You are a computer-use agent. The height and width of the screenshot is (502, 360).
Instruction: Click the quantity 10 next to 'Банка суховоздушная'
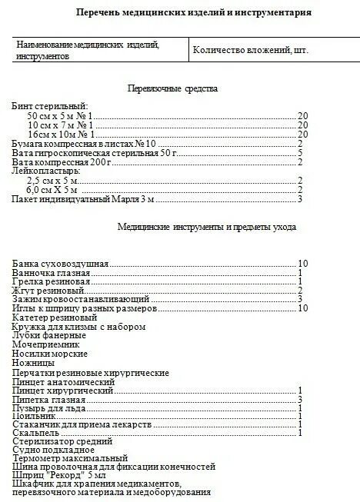[x=302, y=264]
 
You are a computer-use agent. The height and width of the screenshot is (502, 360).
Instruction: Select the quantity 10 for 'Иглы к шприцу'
[x=302, y=308]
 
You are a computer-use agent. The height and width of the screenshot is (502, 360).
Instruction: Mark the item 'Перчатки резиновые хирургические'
[x=91, y=373]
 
